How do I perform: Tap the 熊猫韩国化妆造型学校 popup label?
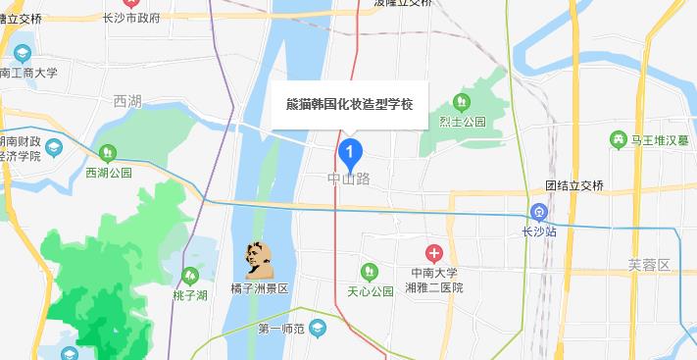tap(349, 104)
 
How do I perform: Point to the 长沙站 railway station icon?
tap(538, 212)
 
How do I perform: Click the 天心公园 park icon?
tap(369, 272)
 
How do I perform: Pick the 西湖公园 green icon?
tap(108, 152)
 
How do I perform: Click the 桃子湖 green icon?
tap(190, 276)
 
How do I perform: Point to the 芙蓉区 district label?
tap(648, 266)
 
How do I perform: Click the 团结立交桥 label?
tap(578, 184)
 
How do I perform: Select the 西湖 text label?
tap(127, 101)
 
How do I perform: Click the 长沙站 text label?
tap(539, 232)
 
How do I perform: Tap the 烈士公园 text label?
tap(463, 122)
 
